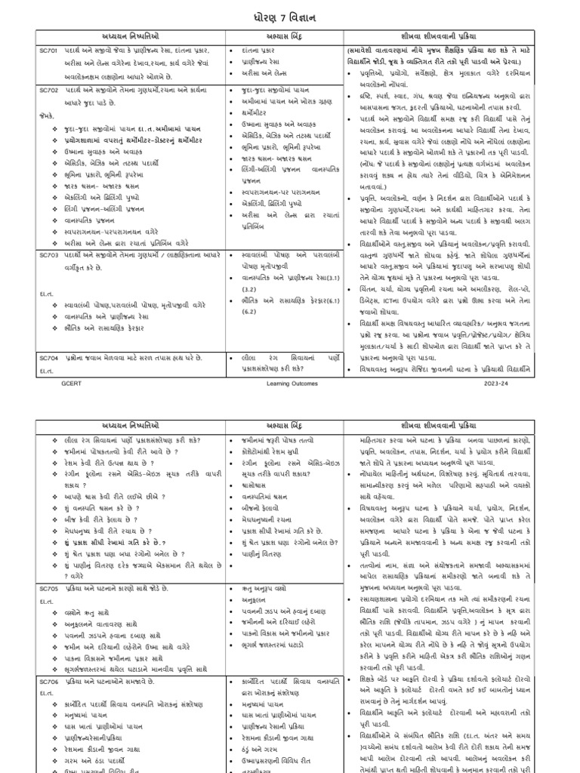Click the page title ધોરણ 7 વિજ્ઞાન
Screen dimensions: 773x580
tap(290, 14)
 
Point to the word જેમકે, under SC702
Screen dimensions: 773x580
tap(51, 116)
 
